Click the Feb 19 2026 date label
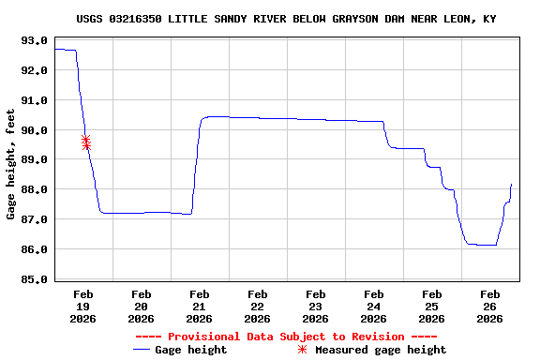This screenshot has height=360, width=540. click(x=83, y=306)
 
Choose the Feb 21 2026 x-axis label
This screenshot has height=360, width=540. click(x=199, y=306)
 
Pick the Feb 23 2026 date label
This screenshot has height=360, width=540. click(x=315, y=306)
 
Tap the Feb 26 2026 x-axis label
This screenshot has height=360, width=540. click(x=489, y=306)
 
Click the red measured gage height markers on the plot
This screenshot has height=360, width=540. click(x=86, y=142)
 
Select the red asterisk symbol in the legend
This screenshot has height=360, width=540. click(x=302, y=350)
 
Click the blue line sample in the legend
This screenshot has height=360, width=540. click(x=142, y=350)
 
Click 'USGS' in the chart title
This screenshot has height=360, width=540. click(x=91, y=19)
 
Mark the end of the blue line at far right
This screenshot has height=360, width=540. click(x=511, y=185)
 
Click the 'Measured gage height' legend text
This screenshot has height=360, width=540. click(x=381, y=350)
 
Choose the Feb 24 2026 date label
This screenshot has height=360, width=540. click(x=373, y=306)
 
